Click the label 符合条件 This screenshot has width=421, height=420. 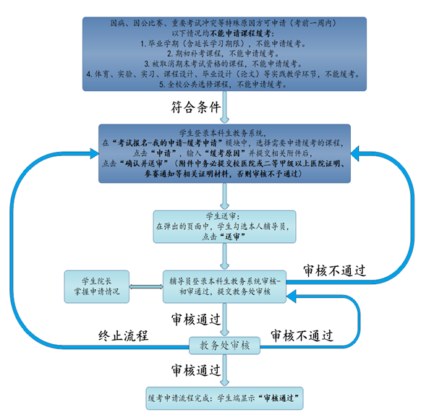tap(196, 107)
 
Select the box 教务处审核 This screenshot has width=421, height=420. tap(224, 346)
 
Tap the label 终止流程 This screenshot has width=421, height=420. tap(123, 335)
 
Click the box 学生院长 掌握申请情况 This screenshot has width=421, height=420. tap(97, 286)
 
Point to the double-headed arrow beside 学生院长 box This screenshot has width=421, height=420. tap(146, 286)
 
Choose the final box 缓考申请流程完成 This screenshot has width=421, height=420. tap(224, 398)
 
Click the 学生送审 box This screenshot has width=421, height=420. tap(224, 227)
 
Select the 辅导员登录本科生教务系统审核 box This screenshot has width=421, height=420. tap(224, 286)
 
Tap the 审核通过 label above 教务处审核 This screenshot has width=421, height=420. tap(196, 320)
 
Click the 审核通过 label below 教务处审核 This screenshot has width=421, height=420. tap(196, 370)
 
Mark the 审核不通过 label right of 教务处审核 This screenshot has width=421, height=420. tap(302, 335)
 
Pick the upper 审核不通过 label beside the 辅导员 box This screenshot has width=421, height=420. tap(334, 270)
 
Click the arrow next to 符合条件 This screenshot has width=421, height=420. tap(224, 107)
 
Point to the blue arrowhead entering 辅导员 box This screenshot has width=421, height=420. tap(291, 296)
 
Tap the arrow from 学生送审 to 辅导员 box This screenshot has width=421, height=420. tap(224, 257)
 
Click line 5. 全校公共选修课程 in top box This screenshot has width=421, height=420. tap(224, 85)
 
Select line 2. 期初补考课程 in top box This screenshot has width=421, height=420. tap(224, 53)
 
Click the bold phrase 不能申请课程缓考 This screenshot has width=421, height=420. tap(242, 33)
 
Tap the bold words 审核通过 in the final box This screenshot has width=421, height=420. tap(278, 398)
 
